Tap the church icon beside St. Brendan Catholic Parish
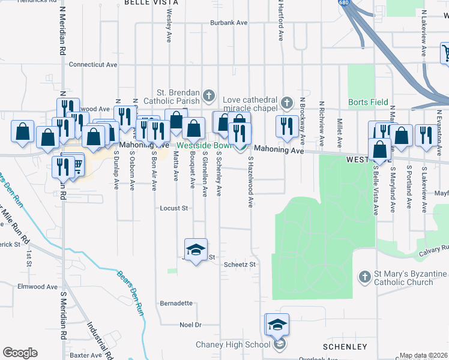coord(208,95)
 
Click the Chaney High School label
coord(233,344)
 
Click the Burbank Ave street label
coord(229,23)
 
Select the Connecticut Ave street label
coord(91,64)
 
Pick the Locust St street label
coord(174,209)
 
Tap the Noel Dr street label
coord(190,325)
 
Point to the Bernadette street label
coord(176,303)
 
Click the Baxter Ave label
coord(86,355)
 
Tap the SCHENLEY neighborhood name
coord(345,347)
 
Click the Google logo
coord(20,353)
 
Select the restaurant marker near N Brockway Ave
coord(286,127)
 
